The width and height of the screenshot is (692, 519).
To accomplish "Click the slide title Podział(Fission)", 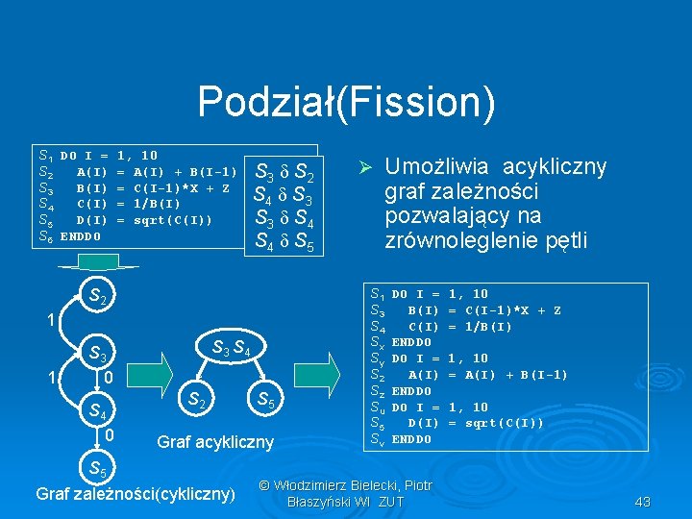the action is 346,103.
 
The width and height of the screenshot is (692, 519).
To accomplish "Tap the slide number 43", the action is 643,502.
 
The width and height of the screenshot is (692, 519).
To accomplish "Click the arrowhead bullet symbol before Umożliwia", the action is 364,167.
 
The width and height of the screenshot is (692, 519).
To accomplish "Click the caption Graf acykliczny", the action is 214,442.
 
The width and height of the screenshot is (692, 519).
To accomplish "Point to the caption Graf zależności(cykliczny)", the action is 135,494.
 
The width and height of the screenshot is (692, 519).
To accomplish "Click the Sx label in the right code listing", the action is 379,341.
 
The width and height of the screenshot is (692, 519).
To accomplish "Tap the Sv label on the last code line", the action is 379,439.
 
